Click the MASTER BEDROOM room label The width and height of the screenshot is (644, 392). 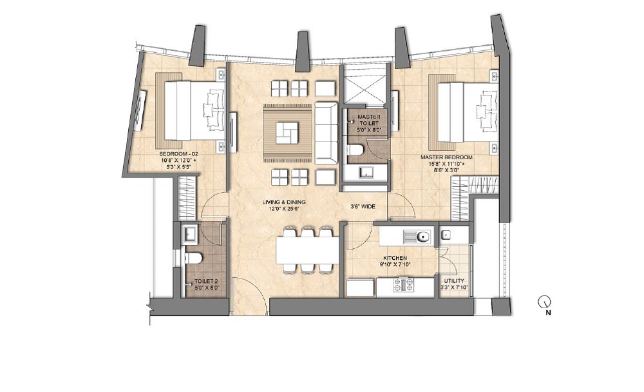(446, 157)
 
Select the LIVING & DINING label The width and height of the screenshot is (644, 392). (283, 202)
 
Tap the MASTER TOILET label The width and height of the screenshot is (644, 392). (368, 117)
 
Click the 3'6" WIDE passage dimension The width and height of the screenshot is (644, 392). (363, 208)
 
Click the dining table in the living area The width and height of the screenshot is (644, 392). (307, 250)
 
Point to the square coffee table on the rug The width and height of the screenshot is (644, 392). (287, 133)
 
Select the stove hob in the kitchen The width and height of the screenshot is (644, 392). (404, 284)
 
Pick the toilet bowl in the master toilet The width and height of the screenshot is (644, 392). (355, 151)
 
